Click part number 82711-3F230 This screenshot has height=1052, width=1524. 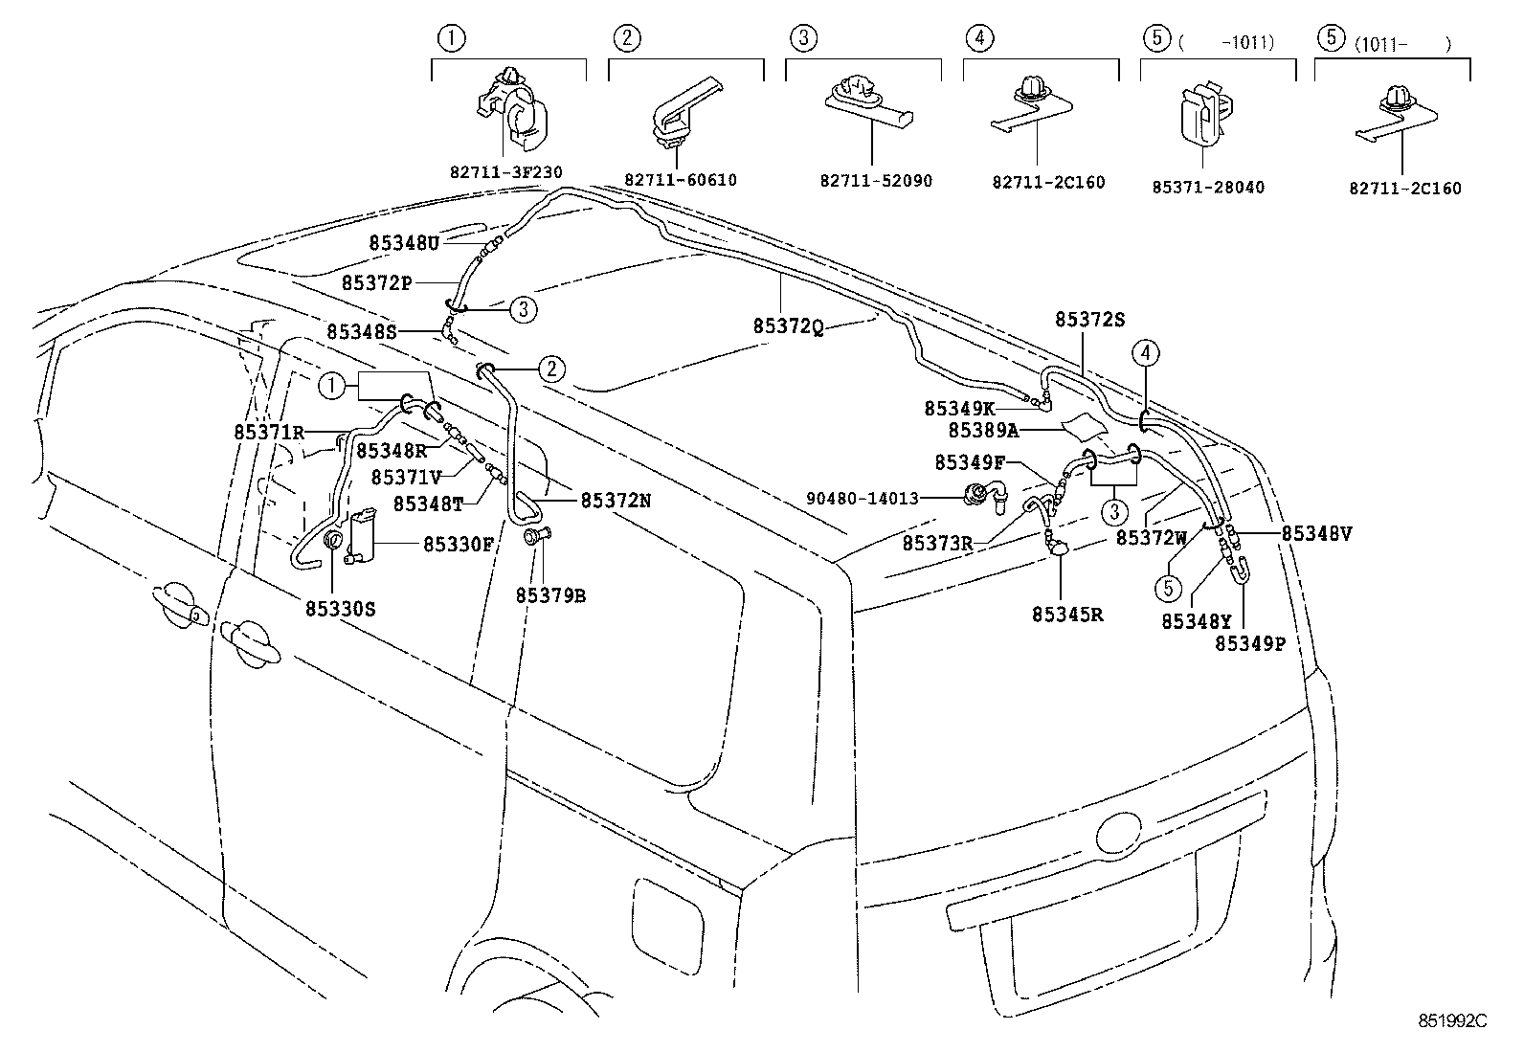[x=505, y=172]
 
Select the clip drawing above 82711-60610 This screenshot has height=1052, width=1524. [x=684, y=113]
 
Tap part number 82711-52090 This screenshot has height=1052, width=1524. [x=875, y=180]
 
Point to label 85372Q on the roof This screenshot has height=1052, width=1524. [x=788, y=326]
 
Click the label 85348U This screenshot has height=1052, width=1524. [x=403, y=243]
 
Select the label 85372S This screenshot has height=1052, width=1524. [x=1089, y=320]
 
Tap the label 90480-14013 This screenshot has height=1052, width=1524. [x=863, y=498]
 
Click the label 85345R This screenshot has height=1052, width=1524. [x=1067, y=615]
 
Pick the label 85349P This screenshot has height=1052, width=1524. [x=1250, y=644]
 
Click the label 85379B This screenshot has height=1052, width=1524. [x=549, y=595]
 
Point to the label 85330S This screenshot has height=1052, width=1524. [x=340, y=607]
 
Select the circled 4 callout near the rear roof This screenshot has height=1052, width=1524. [x=1147, y=353]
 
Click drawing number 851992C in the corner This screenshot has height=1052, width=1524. [x=1452, y=1021]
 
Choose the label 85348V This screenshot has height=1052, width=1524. [x=1316, y=534]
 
